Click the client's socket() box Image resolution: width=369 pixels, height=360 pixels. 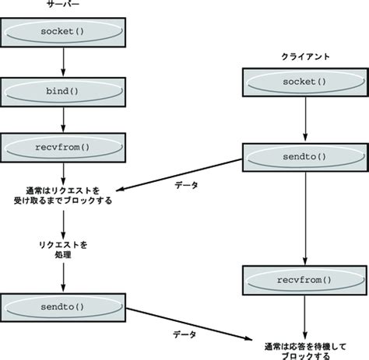pos(304,82)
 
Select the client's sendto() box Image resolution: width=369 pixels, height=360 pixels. pos(304,156)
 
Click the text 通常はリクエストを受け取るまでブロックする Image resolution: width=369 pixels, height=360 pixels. pos(64,194)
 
